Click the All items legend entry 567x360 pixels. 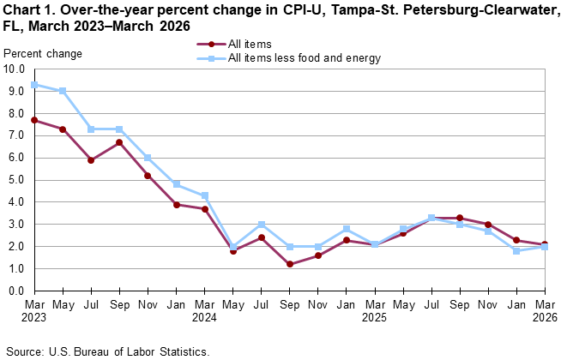[x=249, y=44]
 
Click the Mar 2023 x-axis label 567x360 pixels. [x=33, y=310]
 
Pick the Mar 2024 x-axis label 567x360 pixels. [x=205, y=310]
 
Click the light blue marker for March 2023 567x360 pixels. [x=33, y=84]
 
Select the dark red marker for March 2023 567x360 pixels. [x=33, y=120]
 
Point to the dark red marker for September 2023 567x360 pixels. [x=119, y=142]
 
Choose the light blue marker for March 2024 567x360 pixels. [x=205, y=195]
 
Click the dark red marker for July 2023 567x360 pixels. [x=91, y=159]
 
